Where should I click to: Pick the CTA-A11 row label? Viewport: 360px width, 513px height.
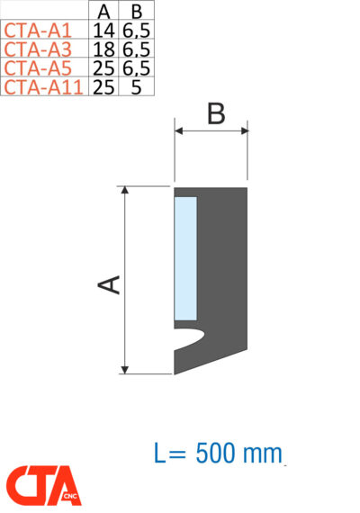click(43, 86)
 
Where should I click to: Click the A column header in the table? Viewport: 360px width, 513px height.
click(103, 11)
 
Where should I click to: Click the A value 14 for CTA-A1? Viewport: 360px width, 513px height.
click(103, 30)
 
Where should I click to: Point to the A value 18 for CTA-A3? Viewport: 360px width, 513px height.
click(103, 49)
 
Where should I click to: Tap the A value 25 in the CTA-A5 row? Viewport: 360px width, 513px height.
click(103, 67)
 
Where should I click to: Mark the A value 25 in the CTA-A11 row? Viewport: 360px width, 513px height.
click(103, 86)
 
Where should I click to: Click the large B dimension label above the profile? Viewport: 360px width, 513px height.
click(214, 114)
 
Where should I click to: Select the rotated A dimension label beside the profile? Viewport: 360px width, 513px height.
click(109, 284)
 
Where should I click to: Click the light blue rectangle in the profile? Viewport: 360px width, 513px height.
click(185, 256)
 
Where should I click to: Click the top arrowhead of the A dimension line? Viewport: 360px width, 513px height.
click(125, 192)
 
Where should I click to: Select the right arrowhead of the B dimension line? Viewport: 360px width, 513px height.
click(243, 131)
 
